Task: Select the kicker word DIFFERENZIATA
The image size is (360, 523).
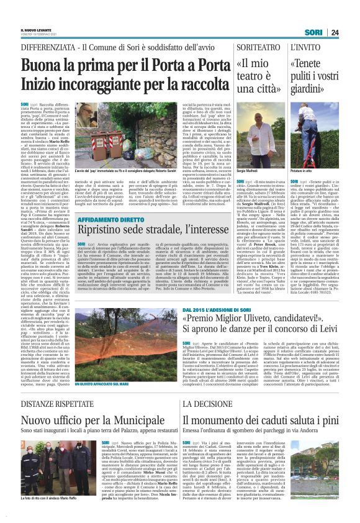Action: pyautogui.click(x=48, y=47)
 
